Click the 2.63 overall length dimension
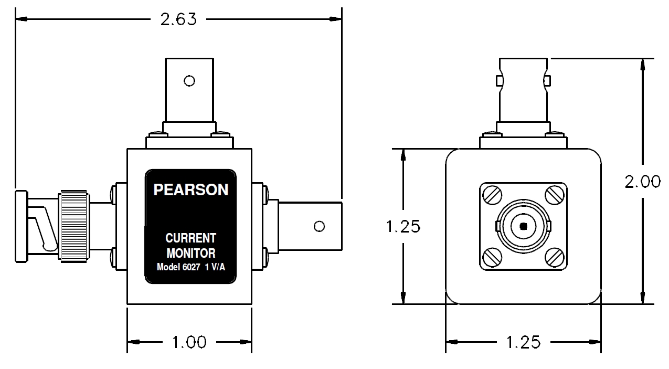coord(178,19)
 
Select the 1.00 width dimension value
coord(189,342)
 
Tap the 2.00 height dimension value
coord(642,182)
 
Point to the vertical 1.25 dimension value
coord(403,226)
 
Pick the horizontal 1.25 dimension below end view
coord(524,342)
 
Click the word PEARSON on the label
coord(191,189)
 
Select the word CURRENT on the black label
coord(190,238)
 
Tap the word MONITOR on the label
coord(191,254)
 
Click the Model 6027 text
coord(178,267)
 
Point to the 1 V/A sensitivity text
coord(215,267)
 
